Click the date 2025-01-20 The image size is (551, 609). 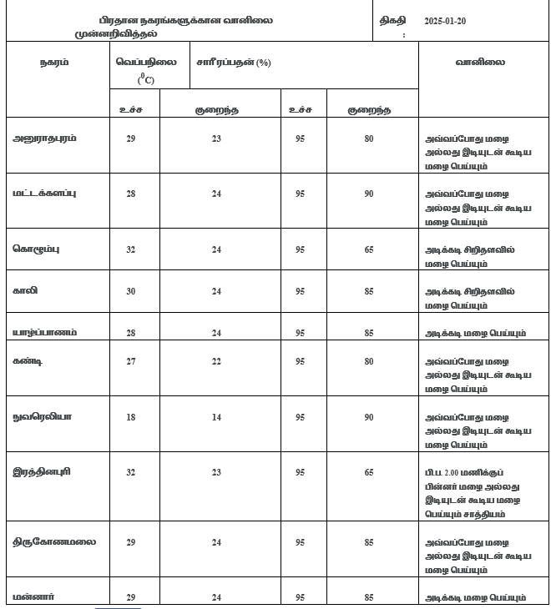452,19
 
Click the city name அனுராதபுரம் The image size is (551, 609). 45,138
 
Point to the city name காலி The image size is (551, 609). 26,291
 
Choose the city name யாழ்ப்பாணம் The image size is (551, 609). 45,332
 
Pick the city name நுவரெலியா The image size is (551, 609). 43,416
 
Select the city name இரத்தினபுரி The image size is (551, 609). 42,471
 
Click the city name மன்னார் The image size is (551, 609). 34,596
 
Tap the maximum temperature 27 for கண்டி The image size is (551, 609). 130,361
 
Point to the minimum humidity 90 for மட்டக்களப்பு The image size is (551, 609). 369,194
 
